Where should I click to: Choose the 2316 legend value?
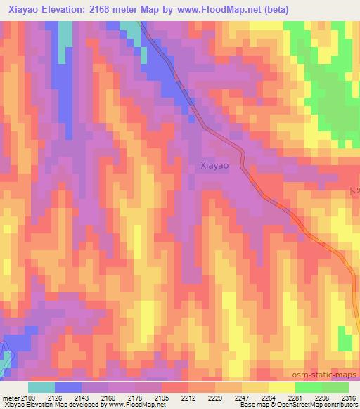[x=349, y=397]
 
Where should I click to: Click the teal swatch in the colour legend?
[x=41, y=387]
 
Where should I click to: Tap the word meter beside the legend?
[x=11, y=397]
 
